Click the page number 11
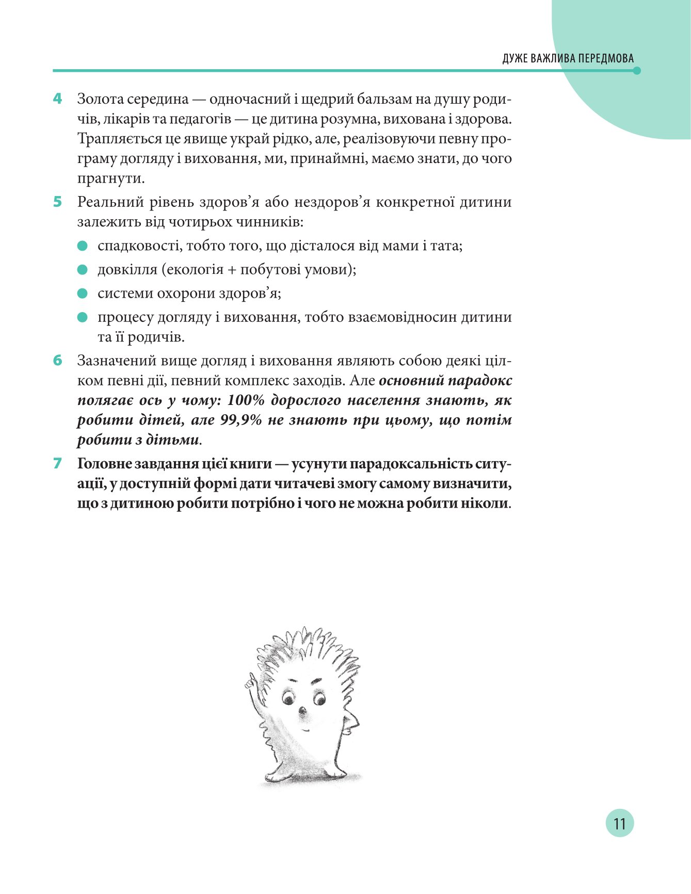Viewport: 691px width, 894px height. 619,823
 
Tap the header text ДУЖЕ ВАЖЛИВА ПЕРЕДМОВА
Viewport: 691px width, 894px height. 568,58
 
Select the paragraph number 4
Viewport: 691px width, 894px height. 57,98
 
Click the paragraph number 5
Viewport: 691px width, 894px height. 57,202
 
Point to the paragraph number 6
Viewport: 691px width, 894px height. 57,360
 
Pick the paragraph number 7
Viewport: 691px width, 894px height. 57,463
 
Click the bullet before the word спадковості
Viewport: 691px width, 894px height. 83,246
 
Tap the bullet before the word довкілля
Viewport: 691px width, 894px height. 83,270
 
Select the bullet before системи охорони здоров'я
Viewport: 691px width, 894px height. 83,294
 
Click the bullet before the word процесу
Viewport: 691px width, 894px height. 83,317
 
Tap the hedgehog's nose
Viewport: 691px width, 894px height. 302,712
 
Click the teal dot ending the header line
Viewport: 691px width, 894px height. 637,71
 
